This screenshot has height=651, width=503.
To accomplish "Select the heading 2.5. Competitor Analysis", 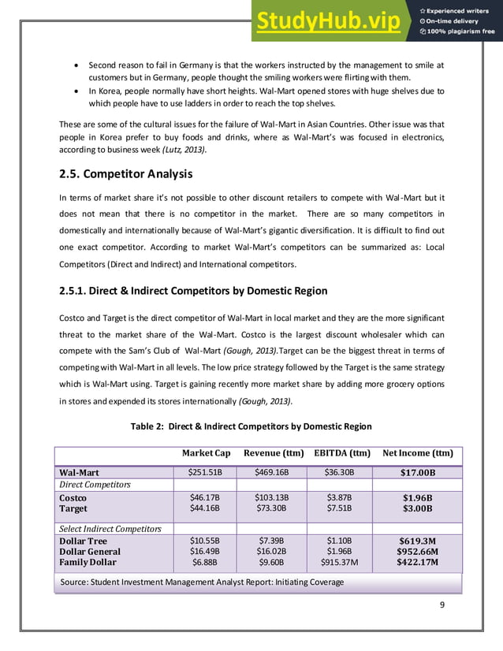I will point(126,173).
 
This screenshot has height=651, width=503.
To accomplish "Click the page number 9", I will point(442,604).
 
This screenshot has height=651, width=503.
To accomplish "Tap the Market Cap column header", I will point(206,453).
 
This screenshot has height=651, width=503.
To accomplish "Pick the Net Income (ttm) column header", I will point(417,453).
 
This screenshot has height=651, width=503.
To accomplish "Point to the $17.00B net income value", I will point(418,473).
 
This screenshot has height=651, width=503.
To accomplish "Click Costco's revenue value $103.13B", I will point(272,498).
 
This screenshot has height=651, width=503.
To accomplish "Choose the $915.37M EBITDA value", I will point(340,563).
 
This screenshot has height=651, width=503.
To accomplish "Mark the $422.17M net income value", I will point(418,563).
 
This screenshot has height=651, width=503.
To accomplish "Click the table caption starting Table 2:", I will point(251,426).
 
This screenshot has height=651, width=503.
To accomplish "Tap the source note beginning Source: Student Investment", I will point(201,582).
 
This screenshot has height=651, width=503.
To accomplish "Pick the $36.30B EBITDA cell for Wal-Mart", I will point(340,473).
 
